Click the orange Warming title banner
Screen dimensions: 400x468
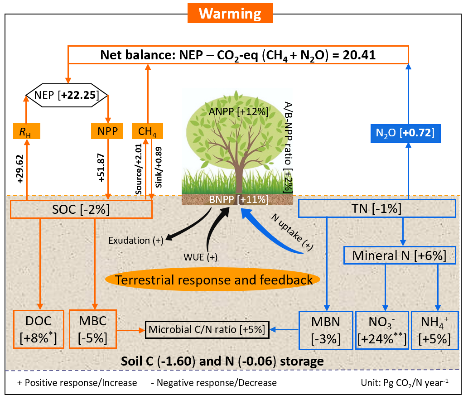(230, 14)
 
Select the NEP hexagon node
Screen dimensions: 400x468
(66, 95)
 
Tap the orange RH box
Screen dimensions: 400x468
(26, 132)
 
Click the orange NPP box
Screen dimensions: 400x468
(107, 132)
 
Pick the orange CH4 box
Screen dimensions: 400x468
(147, 132)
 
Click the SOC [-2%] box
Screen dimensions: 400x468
(81, 209)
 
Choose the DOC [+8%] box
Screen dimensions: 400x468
(39, 329)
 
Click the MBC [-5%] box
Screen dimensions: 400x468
(93, 329)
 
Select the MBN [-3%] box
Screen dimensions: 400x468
(326, 330)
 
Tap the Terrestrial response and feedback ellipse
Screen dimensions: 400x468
(213, 280)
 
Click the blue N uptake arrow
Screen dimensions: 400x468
(272, 236)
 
